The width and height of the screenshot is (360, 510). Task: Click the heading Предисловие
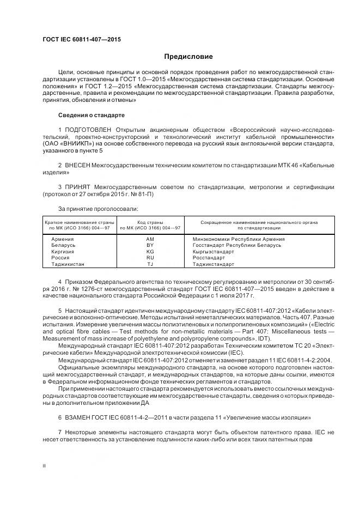point(188,57)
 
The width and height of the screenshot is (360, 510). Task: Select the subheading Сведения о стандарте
point(91,116)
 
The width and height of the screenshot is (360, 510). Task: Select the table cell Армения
point(63,239)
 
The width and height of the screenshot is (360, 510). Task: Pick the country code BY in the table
point(151,245)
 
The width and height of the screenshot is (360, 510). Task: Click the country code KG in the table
point(151,251)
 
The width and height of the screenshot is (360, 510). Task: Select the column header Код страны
point(150,222)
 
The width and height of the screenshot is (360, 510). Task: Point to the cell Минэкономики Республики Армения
point(239,239)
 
